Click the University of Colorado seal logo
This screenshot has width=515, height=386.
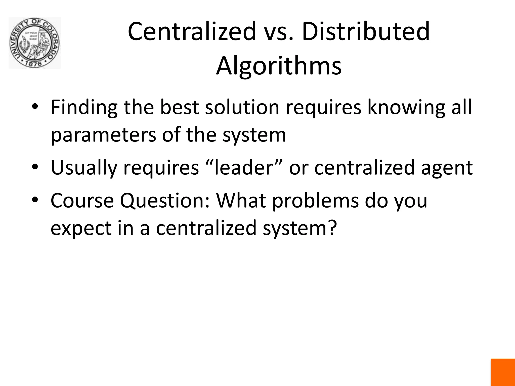coord(35,43)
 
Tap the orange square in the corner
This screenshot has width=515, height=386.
coord(503,372)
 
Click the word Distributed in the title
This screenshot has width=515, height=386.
coord(366,31)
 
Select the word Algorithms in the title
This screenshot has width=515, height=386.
coord(279,66)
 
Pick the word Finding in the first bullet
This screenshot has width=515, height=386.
coord(84,108)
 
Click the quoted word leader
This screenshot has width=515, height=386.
coord(244,168)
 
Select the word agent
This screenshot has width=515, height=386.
coord(447,168)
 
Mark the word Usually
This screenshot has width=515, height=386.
coord(84,168)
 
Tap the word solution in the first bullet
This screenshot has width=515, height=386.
coord(242,108)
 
